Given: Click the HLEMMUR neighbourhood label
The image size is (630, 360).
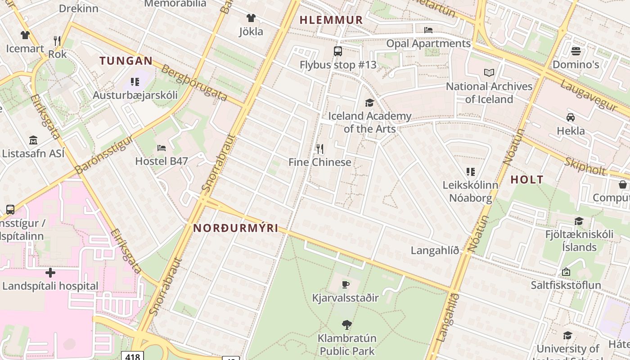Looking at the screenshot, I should pyautogui.click(x=331, y=20).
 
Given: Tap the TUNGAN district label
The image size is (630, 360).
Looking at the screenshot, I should pyautogui.click(x=126, y=61).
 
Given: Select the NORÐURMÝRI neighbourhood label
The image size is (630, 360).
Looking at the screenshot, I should pyautogui.click(x=236, y=228).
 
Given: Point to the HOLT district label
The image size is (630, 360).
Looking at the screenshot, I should pyautogui.click(x=527, y=180).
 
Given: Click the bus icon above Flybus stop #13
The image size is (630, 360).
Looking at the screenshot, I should pyautogui.click(x=338, y=51).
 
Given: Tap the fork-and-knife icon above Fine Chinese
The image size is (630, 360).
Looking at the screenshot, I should pyautogui.click(x=320, y=148).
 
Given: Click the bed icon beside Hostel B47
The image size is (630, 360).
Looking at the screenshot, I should pyautogui.click(x=162, y=148).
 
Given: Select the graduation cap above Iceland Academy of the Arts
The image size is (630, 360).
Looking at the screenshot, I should pyautogui.click(x=369, y=103).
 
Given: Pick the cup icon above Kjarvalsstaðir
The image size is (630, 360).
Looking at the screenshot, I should pyautogui.click(x=345, y=284).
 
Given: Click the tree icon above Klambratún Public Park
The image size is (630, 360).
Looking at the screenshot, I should pyautogui.click(x=346, y=324).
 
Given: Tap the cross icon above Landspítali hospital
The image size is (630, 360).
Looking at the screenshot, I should pyautogui.click(x=50, y=273).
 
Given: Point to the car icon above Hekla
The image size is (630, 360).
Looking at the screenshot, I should pyautogui.click(x=571, y=117).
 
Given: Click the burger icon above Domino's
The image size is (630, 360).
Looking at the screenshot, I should pyautogui.click(x=576, y=51).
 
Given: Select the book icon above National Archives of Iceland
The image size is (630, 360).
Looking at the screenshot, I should pyautogui.click(x=489, y=72).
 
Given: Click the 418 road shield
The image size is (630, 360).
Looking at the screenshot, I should pyautogui.click(x=133, y=356).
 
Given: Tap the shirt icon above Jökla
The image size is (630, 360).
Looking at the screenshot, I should pyautogui.click(x=251, y=18).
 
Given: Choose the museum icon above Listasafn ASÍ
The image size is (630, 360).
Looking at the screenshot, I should pyautogui.click(x=33, y=140).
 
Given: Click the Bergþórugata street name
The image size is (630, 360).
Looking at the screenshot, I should pyautogui.click(x=193, y=83).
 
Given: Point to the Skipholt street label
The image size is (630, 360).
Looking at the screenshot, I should pyautogui.click(x=585, y=167).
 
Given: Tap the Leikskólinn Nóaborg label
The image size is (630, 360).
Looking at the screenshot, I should pyautogui.click(x=470, y=191).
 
